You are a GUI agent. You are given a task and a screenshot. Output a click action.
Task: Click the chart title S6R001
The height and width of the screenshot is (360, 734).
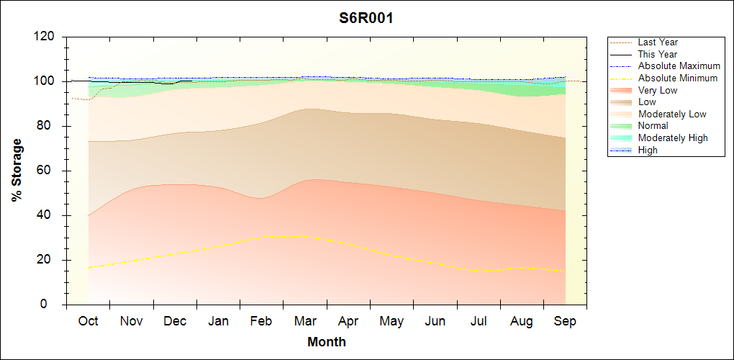366,18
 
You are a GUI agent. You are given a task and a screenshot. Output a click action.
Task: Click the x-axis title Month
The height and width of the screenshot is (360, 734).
327,342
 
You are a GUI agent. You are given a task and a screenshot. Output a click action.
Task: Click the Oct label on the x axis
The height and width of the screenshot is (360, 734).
88,321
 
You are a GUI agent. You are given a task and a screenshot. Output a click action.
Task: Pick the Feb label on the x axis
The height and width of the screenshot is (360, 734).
260,321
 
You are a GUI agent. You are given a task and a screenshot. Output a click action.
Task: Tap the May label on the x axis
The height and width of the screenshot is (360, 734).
391,321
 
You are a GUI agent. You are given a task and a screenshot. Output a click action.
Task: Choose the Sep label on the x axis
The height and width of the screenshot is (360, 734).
565,321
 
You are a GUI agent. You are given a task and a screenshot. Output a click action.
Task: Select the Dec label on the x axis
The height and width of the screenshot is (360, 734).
175,321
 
